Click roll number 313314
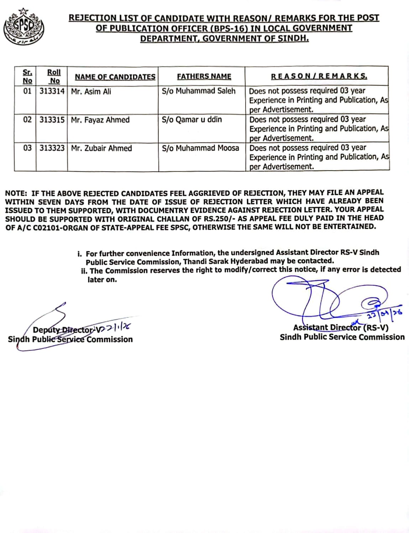tap(52, 91)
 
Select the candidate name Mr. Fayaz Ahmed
tap(100, 120)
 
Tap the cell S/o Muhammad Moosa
tap(200, 148)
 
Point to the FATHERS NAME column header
tap(204, 76)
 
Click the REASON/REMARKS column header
tap(319, 76)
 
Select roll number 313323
tap(52, 148)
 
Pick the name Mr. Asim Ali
tap(91, 91)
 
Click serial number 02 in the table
tap(27, 120)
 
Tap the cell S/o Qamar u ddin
tap(192, 119)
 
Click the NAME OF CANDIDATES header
tap(115, 77)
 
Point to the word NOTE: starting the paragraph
tap(16, 194)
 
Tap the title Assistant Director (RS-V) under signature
tap(341, 328)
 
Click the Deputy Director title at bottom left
tap(63, 330)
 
